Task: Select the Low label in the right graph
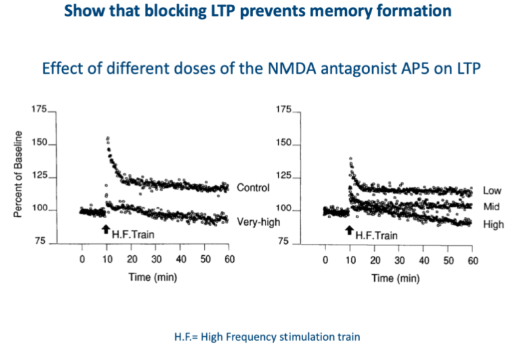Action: (x=492, y=191)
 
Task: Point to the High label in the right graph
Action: (x=493, y=225)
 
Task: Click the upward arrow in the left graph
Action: (x=105, y=229)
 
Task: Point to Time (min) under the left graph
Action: (x=153, y=278)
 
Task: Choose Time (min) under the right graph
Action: (x=396, y=278)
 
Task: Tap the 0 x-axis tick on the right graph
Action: (x=325, y=260)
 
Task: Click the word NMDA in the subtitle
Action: (x=279, y=69)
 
